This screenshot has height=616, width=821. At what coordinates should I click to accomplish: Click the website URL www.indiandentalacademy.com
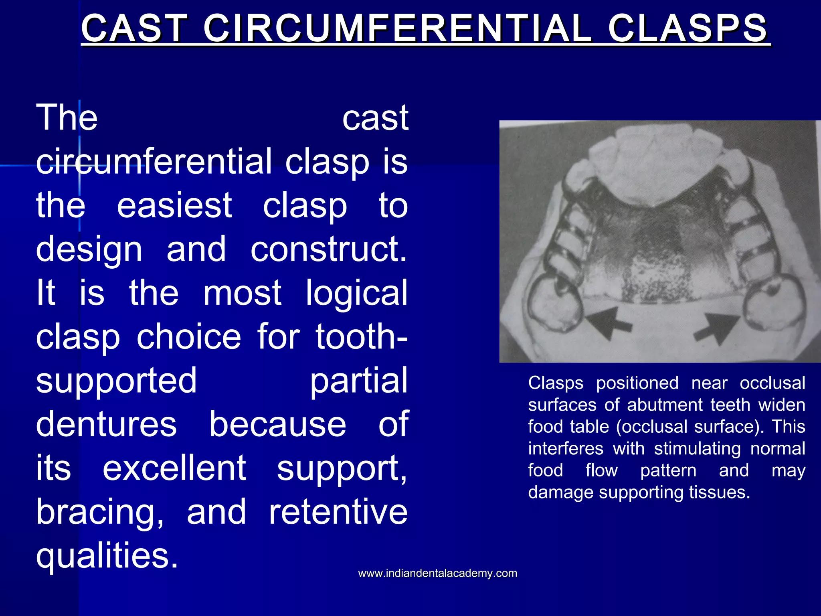(x=437, y=573)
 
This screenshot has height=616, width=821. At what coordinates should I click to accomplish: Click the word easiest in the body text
(x=174, y=205)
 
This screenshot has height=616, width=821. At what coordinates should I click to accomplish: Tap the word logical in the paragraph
(x=356, y=293)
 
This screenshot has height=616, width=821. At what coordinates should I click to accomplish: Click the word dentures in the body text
(x=106, y=424)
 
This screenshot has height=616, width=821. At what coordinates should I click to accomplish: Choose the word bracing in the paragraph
(x=100, y=512)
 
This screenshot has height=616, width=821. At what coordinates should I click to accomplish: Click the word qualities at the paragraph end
(x=107, y=555)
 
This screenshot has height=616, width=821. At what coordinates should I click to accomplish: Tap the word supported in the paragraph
(x=116, y=380)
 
